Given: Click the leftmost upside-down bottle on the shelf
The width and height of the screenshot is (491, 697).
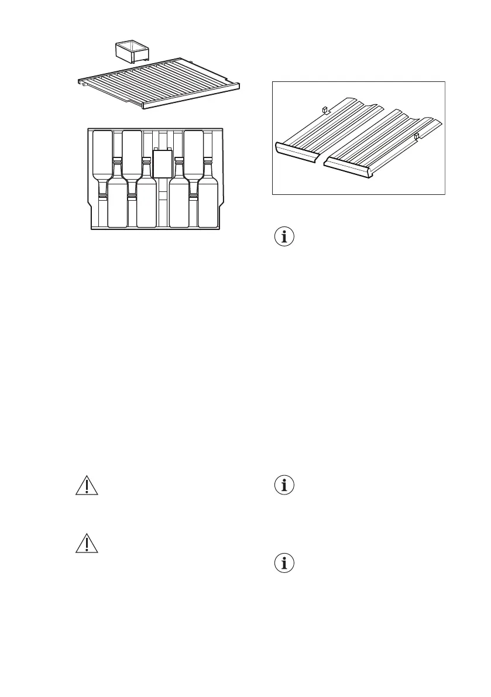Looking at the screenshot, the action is click(x=102, y=153).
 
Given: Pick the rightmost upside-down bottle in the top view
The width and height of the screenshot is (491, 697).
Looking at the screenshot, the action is click(x=193, y=153).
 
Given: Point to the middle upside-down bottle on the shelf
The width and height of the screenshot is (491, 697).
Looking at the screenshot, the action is click(x=132, y=153).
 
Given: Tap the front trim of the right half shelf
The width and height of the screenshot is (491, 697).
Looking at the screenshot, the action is click(x=348, y=169).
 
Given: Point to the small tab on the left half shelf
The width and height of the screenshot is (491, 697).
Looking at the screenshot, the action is click(x=324, y=109).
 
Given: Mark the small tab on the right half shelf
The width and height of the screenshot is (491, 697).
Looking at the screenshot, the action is click(x=416, y=137).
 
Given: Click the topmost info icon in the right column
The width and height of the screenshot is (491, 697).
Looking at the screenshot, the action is click(x=284, y=238).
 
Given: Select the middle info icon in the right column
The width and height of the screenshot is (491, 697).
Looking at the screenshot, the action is click(x=284, y=486).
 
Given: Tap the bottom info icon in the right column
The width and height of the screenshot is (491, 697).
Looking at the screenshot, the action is click(x=284, y=563).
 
